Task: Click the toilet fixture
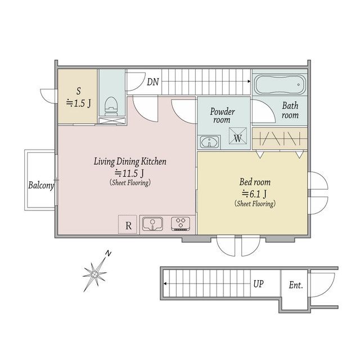(111, 106)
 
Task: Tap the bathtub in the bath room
(280, 84)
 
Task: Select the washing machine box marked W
(237, 136)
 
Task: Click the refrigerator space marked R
(128, 224)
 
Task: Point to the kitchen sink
(152, 224)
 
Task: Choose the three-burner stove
(181, 223)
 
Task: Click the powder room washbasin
(209, 142)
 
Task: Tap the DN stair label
(153, 82)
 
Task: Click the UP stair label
(259, 284)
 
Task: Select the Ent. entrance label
(296, 285)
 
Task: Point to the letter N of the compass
(109, 254)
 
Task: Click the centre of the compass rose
(94, 274)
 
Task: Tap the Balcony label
(41, 185)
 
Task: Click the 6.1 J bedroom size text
(254, 194)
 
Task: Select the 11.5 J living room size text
(129, 173)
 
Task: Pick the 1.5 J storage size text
(79, 103)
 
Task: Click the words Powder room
(222, 115)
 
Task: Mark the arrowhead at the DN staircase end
(249, 81)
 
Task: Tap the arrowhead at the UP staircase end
(165, 283)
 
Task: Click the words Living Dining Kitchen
(130, 161)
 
